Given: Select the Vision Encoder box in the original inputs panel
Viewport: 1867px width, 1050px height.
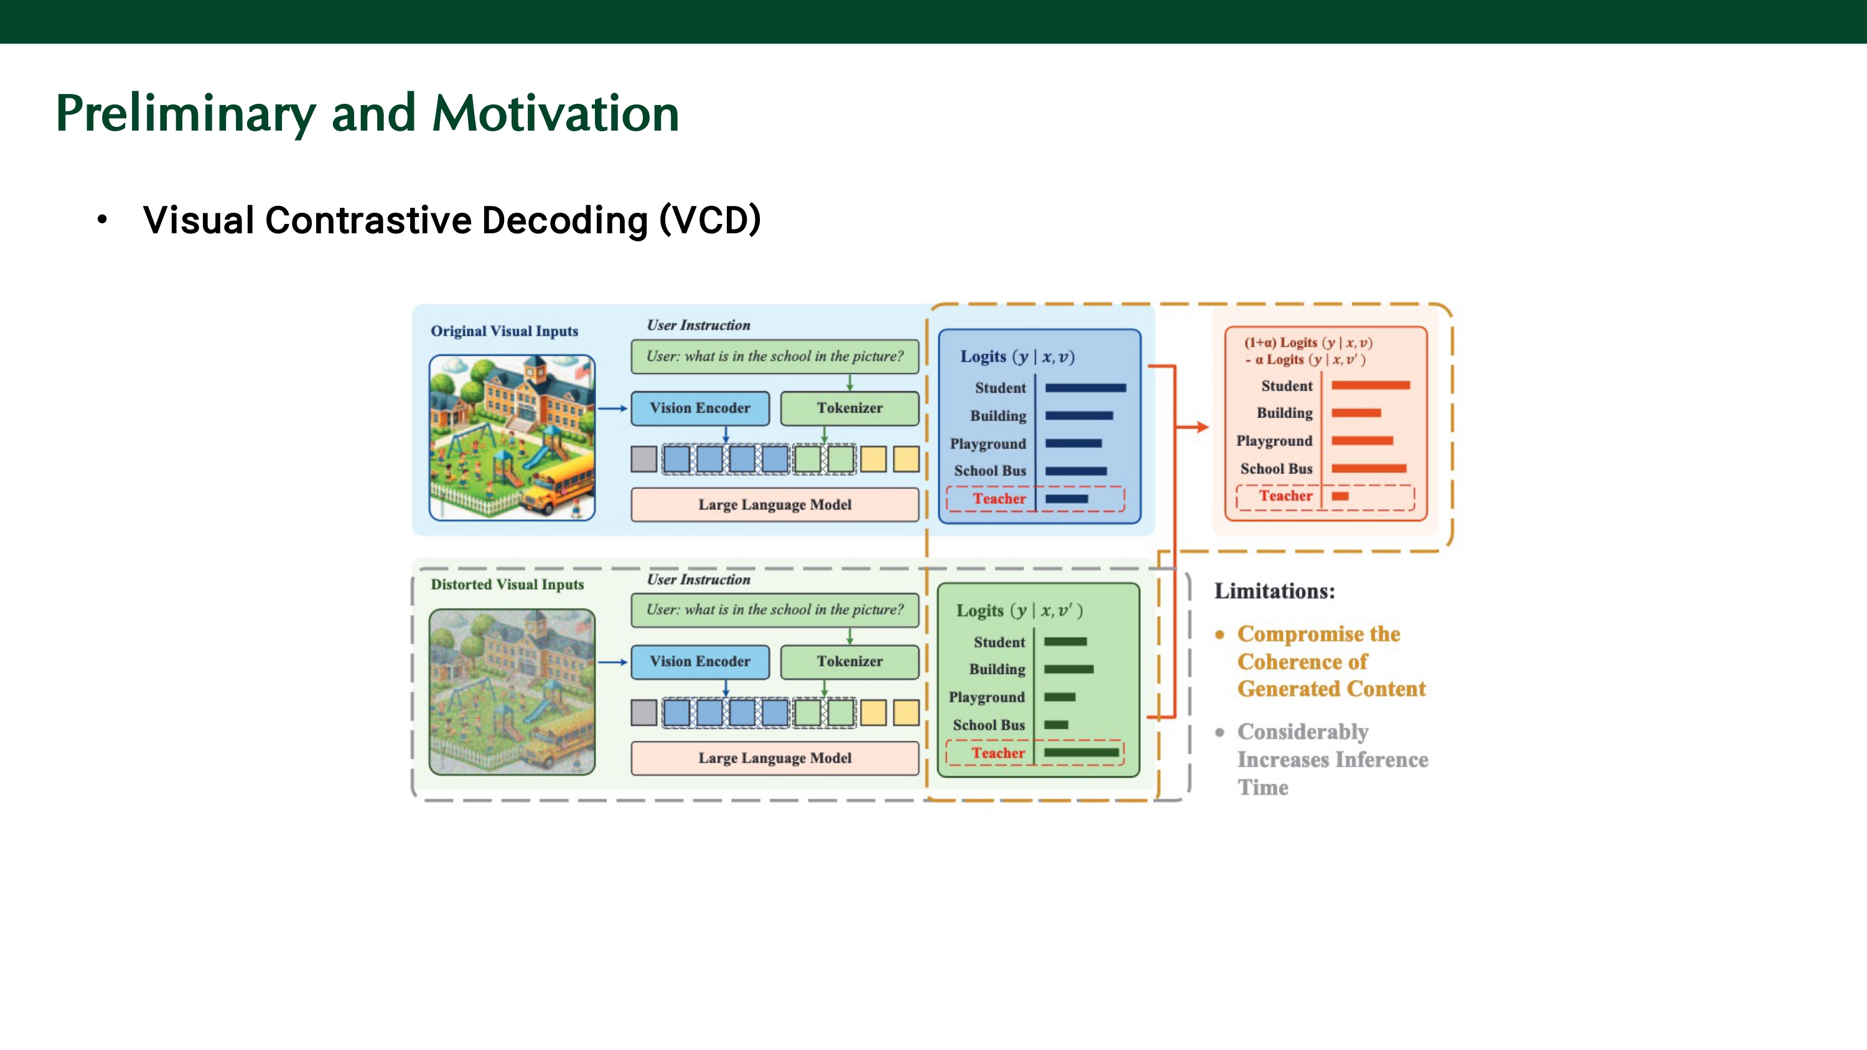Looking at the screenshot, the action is pos(700,408).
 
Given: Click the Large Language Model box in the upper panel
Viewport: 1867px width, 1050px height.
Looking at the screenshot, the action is pos(774,504).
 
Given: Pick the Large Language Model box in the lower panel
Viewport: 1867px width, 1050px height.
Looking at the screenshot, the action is pos(774,758).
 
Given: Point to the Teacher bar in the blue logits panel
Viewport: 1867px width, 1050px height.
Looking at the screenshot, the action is pos(1066,498).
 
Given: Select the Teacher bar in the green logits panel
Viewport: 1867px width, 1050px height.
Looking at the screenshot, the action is pos(1080,752).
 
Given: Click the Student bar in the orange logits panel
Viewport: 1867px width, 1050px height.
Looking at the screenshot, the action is pos(1370,386).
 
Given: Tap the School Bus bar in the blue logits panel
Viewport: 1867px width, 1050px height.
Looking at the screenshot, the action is pos(1075,471).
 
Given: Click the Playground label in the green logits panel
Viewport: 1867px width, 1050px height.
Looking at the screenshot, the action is pos(986,697).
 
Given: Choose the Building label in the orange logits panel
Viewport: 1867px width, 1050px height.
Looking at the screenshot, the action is pos(1284,413).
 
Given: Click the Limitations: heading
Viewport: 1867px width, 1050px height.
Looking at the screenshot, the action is pos(1274,592).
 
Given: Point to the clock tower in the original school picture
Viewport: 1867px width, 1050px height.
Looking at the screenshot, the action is pos(535,373).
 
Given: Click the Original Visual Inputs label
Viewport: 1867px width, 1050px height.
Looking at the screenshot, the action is pos(505,331).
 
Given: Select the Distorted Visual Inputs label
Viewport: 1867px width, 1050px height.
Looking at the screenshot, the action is pos(507,585).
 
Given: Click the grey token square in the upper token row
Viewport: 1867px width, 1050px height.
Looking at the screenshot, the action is pos(643,458).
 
